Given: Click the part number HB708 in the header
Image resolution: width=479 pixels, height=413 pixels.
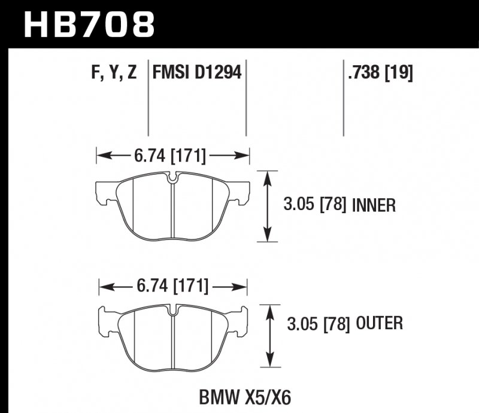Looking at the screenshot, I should coord(89,25).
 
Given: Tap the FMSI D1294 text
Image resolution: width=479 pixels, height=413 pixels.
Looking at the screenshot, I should coord(197,73).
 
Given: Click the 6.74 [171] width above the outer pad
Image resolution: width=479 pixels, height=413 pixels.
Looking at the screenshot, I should coord(172,287).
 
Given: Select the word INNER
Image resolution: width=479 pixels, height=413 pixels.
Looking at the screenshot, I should coord(374,206).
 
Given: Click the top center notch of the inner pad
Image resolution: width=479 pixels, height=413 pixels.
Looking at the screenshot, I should coord(172,178).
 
